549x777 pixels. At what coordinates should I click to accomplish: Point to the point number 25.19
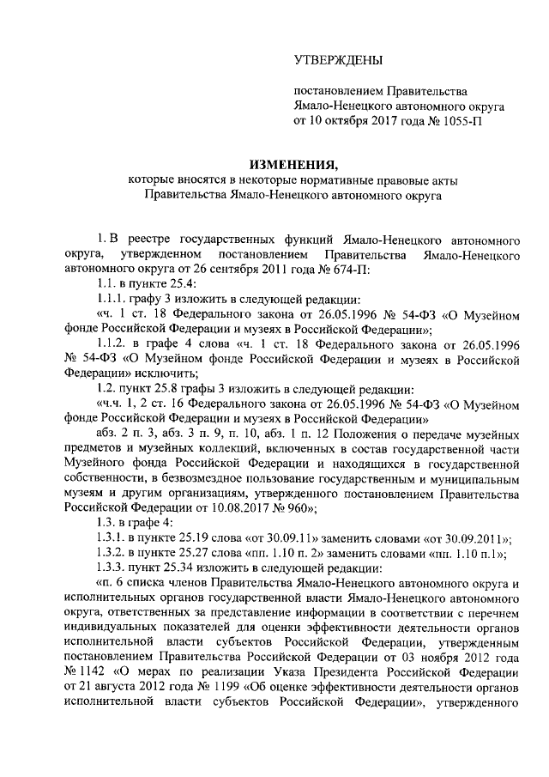[196, 538]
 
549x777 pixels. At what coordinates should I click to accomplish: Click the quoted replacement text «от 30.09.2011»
[470, 538]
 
